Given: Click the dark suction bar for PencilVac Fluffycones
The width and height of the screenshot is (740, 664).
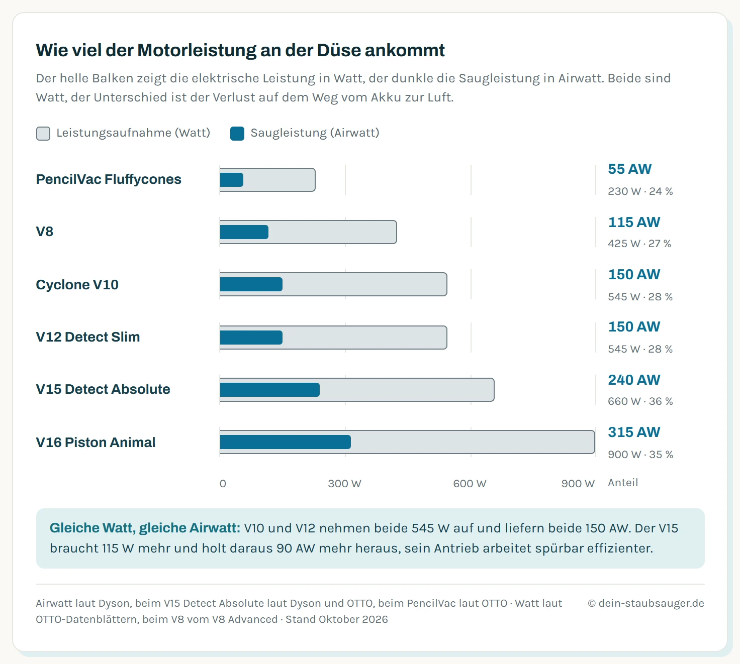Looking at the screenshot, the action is pos(232,180).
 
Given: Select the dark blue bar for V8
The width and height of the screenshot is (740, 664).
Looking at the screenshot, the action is pos(244,232).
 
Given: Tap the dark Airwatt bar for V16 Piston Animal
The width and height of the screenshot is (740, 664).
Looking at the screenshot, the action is pos(285,442).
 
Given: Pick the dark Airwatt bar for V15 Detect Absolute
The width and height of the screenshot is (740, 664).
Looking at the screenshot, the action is pos(269,390).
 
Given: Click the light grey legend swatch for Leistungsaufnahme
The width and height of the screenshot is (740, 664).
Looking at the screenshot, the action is pos(43,134).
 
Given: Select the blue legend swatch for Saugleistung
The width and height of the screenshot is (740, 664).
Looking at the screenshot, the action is pos(237,134).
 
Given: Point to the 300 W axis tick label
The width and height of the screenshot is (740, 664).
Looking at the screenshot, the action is pos(344,484).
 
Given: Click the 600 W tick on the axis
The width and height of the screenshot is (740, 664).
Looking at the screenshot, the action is pos(470,484).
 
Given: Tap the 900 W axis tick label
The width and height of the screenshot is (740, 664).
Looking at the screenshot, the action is pos(578,484).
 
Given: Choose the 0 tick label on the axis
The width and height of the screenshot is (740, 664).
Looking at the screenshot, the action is pos(223,484).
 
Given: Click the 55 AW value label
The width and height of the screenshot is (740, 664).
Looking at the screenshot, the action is pos(630,169).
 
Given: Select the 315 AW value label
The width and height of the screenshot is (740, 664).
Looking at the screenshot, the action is pos(634,432).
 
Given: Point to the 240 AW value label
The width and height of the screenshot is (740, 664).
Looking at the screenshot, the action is pos(634,380).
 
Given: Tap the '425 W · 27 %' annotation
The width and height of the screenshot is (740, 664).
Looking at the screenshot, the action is pos(639,244).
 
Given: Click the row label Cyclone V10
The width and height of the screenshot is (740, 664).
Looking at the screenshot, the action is pos(77,285).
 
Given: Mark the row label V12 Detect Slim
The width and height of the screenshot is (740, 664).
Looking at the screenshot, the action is pos(87,337).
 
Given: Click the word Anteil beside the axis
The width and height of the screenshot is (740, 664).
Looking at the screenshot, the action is pos(623,483).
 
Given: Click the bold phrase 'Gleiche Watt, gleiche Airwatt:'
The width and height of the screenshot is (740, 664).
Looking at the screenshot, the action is pos(145,528).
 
